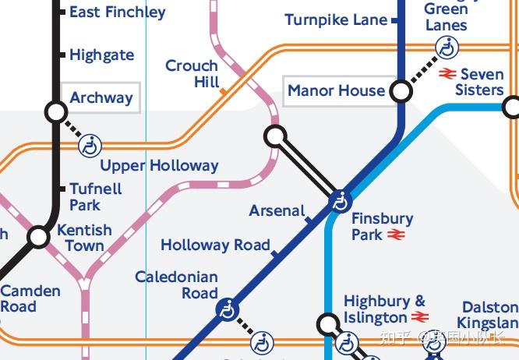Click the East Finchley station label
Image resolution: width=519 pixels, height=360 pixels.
click(117, 12)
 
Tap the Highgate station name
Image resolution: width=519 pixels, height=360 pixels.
click(101, 55)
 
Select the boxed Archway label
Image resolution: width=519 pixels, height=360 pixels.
click(101, 98)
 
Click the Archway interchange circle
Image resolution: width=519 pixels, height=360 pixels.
click(56, 112)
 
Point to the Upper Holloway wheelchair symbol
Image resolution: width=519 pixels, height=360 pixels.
click(90, 145)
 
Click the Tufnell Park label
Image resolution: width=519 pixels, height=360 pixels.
click(95, 196)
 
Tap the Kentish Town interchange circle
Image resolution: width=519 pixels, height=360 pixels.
click(38, 237)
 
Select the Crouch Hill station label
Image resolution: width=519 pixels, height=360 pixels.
click(191, 74)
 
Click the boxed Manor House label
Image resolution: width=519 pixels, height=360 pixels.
click(336, 91)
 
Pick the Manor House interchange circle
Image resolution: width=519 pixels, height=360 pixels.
click(401, 92)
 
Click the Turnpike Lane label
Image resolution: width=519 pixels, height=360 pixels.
click(336, 20)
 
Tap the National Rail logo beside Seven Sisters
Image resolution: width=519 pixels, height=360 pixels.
click(447, 74)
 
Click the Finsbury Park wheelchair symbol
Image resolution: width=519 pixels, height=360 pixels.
click(339, 202)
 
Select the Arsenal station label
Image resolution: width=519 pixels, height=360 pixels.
click(277, 211)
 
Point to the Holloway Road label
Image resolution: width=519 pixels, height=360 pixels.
click(215, 245)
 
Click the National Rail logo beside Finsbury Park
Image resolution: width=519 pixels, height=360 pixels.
click(396, 235)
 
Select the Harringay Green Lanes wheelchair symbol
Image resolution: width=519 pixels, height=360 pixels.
click(447, 48)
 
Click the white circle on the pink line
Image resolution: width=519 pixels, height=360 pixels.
click(275, 136)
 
